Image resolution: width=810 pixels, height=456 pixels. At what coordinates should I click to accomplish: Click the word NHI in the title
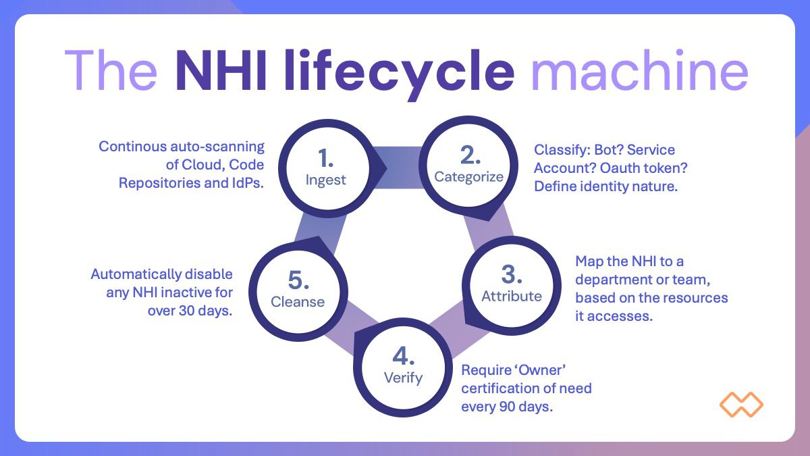point(221,70)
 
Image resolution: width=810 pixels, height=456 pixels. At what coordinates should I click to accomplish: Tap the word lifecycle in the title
point(399,74)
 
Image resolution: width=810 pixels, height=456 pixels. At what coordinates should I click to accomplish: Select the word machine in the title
point(640,70)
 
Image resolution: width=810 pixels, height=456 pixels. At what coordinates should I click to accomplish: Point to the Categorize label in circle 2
point(468,177)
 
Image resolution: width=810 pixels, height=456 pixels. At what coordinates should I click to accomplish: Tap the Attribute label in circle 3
point(512,296)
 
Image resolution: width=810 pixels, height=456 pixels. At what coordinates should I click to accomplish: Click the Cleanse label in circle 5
point(298,302)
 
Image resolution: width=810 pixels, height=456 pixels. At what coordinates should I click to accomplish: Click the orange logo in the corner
point(741,404)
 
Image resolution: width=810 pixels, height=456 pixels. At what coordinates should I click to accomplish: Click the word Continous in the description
point(133,147)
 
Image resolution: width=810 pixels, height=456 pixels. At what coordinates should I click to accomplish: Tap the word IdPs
point(247,183)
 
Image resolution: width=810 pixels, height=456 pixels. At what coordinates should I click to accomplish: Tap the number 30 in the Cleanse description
point(187,311)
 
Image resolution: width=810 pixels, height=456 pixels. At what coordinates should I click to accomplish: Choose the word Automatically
point(136,275)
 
